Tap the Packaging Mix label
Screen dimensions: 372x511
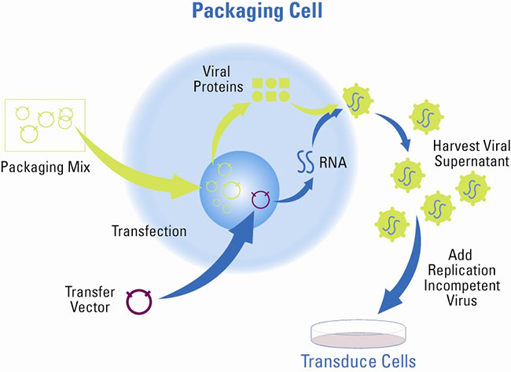[45, 166]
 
